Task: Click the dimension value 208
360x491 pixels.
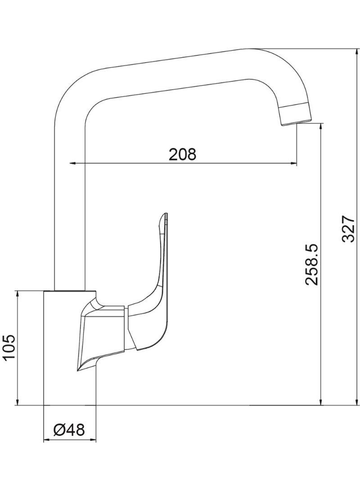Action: pyautogui.click(x=183, y=154)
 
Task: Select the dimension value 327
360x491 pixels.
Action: pyautogui.click(x=348, y=229)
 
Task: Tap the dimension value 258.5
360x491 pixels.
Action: pyautogui.click(x=312, y=264)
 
